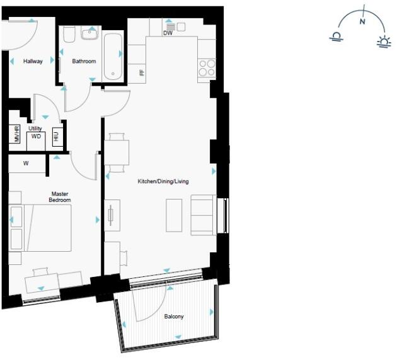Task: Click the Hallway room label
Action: (x=33, y=62)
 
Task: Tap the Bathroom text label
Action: (x=84, y=62)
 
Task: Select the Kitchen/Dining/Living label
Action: (x=163, y=181)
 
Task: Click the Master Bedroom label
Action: (x=60, y=196)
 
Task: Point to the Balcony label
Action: (x=174, y=317)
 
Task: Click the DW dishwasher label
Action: (x=168, y=33)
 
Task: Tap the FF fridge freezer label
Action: (x=142, y=72)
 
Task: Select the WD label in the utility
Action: (x=36, y=136)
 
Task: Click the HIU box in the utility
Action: (x=56, y=136)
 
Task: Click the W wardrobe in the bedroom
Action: (x=26, y=164)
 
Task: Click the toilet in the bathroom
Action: (x=69, y=34)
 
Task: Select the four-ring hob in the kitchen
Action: (x=207, y=67)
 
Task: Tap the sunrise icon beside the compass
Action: (x=383, y=42)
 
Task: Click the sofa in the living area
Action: (x=202, y=215)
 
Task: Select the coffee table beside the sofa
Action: (x=175, y=215)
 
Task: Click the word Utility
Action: (x=35, y=128)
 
